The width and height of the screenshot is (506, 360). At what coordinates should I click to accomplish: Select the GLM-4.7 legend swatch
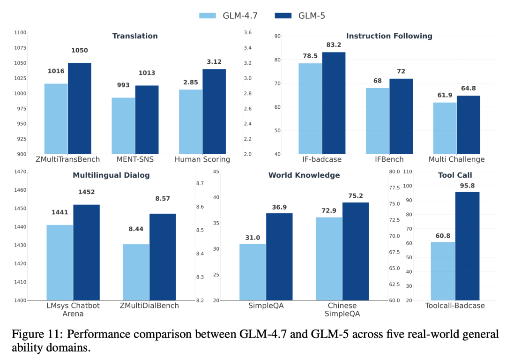point(208,15)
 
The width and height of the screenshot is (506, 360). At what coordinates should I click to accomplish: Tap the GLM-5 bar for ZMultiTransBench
point(80,108)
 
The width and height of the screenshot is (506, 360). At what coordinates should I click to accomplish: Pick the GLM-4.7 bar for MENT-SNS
point(124,126)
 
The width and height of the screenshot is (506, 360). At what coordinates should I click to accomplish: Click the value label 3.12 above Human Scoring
point(214,62)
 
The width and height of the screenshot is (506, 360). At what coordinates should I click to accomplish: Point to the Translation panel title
point(135,36)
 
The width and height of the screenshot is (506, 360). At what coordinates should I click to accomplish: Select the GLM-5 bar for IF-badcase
point(334,103)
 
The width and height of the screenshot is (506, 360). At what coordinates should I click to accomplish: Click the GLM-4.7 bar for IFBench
point(378,121)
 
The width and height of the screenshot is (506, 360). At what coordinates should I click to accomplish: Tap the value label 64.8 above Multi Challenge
point(469,88)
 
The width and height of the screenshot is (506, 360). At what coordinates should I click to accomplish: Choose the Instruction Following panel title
point(389,36)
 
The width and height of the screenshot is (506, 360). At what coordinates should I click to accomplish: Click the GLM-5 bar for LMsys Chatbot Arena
point(86,252)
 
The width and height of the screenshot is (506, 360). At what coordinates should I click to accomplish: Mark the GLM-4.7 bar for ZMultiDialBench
point(136,272)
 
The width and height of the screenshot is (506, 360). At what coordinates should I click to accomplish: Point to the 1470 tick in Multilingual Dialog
point(20,172)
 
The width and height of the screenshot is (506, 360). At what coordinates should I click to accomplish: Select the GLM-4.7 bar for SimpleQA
point(253,272)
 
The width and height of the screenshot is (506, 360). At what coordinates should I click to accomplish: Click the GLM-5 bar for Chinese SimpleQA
point(356,251)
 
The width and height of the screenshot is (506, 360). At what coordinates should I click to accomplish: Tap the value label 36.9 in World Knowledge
point(279,207)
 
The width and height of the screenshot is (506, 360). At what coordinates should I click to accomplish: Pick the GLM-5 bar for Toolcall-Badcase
point(467,246)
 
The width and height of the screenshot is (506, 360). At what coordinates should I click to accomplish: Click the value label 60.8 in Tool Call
point(443,236)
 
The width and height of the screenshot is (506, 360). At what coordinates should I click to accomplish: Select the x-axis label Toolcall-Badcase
point(455,306)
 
